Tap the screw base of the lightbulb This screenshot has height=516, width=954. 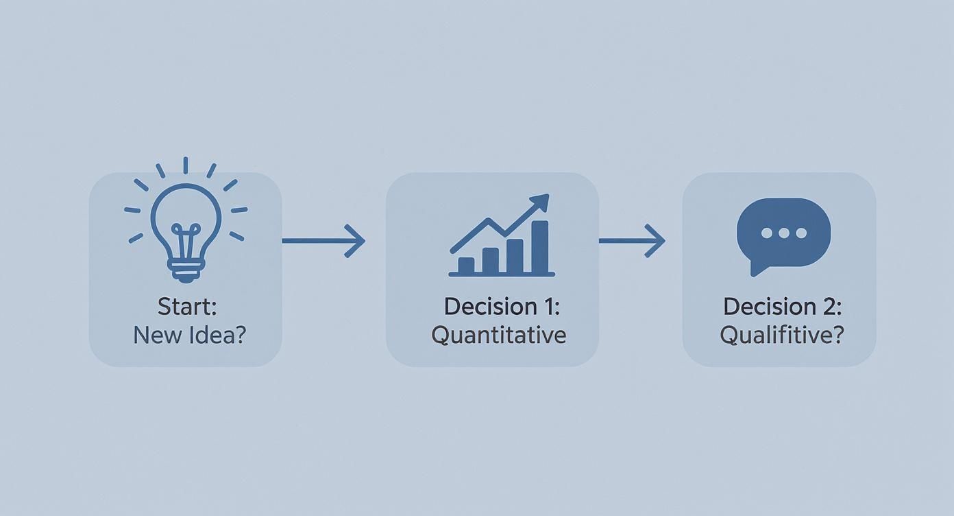click(186, 271)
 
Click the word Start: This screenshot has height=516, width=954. click(187, 307)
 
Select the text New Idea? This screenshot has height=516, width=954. click(190, 335)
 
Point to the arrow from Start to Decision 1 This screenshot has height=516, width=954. click(323, 241)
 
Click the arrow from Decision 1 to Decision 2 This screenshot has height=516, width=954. click(632, 241)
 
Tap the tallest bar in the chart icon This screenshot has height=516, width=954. click(540, 246)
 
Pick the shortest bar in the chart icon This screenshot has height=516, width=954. click(466, 266)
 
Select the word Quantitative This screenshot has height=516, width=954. click(499, 335)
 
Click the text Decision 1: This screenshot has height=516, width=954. click(502, 307)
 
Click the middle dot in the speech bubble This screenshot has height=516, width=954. click(783, 233)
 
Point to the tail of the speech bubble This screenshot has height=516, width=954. click(757, 270)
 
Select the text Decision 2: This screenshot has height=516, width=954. click(783, 307)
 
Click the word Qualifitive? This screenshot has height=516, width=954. click(782, 335)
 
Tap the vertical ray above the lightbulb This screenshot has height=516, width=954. click(186, 165)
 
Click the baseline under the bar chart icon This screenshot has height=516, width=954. click(502, 274)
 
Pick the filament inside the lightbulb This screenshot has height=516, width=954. click(186, 242)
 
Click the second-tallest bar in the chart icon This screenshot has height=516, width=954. click(515, 256)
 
